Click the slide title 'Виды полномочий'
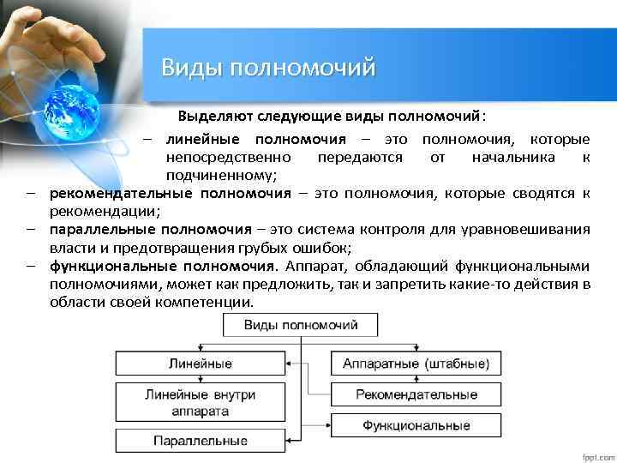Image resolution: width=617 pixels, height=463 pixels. pos(269,67)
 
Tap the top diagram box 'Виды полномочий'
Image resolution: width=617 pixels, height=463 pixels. pos(301,325)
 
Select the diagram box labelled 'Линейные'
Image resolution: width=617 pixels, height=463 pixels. pos(200,364)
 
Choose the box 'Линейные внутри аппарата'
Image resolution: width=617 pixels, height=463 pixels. pos(200,403)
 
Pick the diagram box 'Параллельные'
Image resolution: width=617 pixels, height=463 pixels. pos(200,441)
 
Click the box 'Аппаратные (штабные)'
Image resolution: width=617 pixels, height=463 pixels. pos(416,364)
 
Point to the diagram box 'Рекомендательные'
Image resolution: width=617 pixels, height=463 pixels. pos(416,394)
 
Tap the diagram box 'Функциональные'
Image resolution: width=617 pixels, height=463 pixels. pos(416,425)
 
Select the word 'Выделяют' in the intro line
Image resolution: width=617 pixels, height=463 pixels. pos(209,116)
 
